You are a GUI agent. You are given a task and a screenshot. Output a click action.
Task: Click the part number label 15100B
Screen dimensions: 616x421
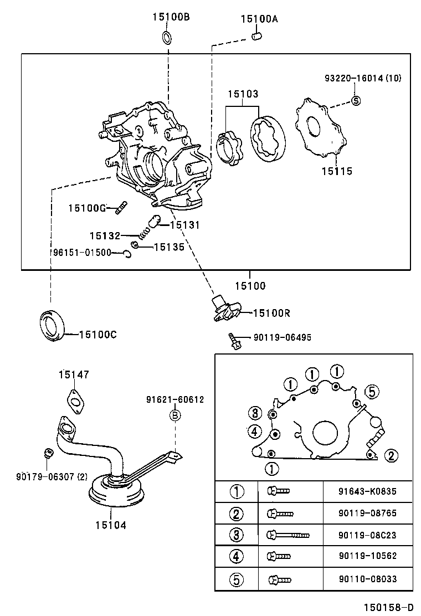click(x=171, y=17)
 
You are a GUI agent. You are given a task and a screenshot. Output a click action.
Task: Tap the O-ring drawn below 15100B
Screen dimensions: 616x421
click(x=167, y=38)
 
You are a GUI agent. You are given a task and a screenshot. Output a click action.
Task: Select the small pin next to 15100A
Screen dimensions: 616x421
click(x=255, y=37)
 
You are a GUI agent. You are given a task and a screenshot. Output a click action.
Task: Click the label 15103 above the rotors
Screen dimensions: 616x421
click(x=242, y=95)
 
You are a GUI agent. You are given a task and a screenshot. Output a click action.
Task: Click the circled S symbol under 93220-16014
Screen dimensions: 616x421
click(x=356, y=100)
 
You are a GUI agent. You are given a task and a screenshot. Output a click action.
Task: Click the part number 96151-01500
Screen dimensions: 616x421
click(x=82, y=253)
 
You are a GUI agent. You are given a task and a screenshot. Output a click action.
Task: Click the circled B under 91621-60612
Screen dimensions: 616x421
click(x=174, y=415)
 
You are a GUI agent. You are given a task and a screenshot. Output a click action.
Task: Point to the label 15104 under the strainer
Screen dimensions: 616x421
click(x=110, y=524)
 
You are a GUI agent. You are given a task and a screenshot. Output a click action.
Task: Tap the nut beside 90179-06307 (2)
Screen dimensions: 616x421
click(x=48, y=454)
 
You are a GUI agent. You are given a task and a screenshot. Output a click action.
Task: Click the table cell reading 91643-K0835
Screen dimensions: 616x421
click(x=367, y=491)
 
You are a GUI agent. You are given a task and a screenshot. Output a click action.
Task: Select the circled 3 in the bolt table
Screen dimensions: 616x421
click(x=237, y=535)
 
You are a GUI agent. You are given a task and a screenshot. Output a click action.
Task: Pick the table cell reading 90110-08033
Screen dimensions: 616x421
click(x=367, y=579)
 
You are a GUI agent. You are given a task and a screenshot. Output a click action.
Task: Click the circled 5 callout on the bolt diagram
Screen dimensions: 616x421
click(x=372, y=392)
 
